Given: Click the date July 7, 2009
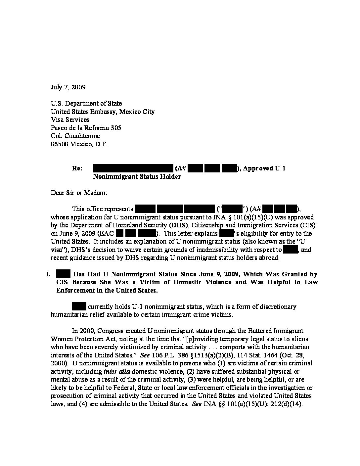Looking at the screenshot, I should [68, 87].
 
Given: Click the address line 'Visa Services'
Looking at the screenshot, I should [70, 120].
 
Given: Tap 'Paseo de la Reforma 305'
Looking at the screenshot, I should [86, 128].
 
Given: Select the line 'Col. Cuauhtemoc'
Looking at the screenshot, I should [75, 136].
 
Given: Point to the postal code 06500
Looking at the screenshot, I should [59, 144].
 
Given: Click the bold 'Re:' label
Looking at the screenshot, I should [77, 168].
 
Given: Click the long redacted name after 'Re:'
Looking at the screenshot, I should [133, 168].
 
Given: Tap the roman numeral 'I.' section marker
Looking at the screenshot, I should [48, 274].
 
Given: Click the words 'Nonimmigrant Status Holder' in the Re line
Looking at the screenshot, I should [137, 177].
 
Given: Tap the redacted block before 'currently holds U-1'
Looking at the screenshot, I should [79, 306].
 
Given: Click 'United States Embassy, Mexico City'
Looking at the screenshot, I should [103, 112].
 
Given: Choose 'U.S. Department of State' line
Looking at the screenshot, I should [86, 104].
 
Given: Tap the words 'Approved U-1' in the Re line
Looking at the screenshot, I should [264, 168].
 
